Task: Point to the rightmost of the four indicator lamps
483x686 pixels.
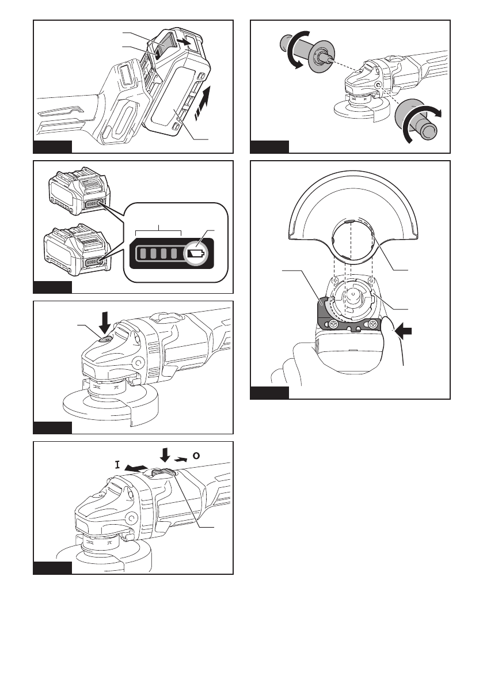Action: (176, 253)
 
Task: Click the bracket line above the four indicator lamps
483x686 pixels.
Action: (158, 232)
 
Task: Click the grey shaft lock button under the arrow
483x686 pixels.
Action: (105, 340)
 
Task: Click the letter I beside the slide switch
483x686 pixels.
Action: (117, 464)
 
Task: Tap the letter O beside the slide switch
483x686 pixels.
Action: (196, 454)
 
